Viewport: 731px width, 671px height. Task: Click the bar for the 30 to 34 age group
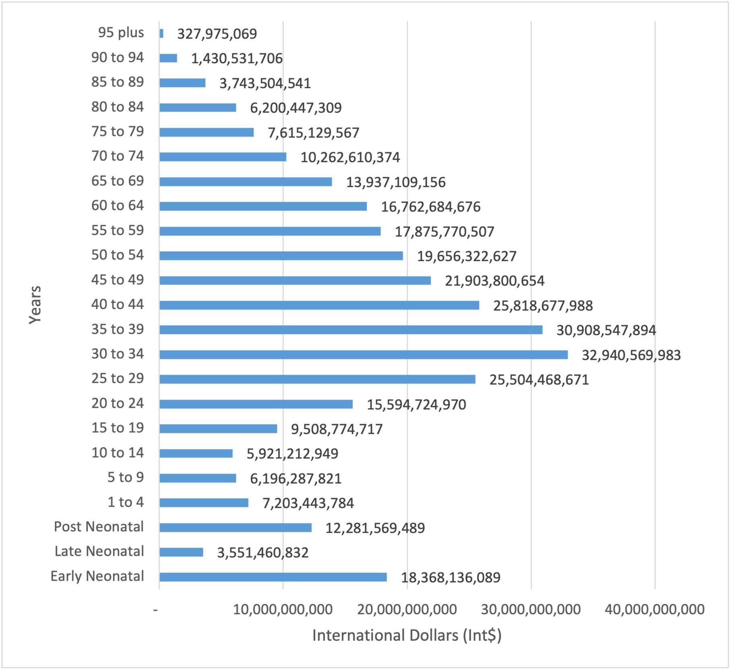(363, 355)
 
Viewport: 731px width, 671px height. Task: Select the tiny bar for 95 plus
(161, 33)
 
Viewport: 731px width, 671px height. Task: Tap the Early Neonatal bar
(273, 577)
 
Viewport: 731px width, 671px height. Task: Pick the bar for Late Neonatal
(181, 552)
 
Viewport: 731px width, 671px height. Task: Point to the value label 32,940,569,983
(631, 355)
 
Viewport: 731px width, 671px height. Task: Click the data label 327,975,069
(217, 34)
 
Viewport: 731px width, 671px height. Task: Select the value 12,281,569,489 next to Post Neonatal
(375, 528)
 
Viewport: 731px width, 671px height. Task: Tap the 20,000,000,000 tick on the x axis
(407, 609)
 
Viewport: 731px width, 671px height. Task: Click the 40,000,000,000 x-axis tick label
(655, 609)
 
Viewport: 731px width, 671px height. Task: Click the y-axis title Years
(35, 304)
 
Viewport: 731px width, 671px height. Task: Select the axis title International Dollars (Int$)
(407, 636)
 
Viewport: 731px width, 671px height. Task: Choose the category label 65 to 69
(117, 181)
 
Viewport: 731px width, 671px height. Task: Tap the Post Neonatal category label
(99, 526)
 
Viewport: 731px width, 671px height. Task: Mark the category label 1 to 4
(125, 502)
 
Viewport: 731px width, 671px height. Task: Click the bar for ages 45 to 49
(295, 281)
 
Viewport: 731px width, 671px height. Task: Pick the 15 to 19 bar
(218, 429)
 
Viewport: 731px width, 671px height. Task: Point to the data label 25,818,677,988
(543, 306)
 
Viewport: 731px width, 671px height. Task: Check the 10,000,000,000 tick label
(283, 609)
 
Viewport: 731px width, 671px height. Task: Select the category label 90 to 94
(117, 58)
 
